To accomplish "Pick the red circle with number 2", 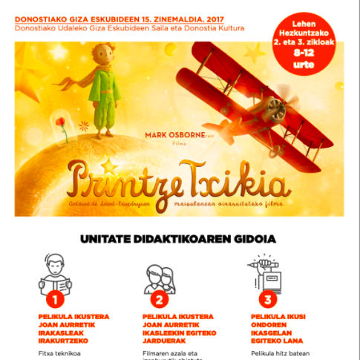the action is tap(159, 299).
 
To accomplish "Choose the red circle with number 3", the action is tap(266, 299).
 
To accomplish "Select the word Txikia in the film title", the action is tap(243, 177).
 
